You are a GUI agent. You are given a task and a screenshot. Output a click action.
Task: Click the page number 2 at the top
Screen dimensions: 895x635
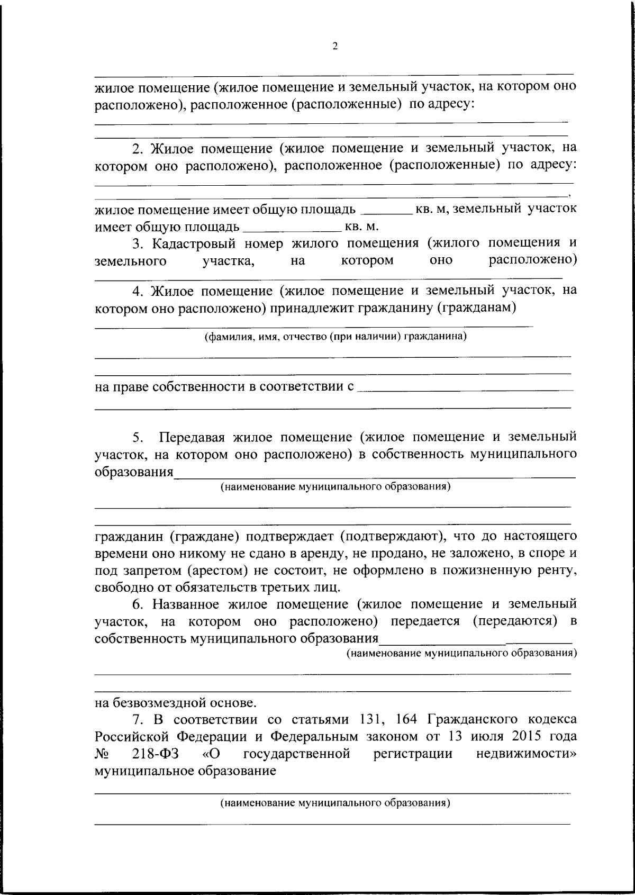334,47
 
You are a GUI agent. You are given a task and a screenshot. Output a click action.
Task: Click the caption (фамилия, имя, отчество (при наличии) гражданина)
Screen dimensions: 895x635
335,336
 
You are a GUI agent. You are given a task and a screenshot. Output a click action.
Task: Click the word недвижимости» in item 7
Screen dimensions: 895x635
527,753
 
